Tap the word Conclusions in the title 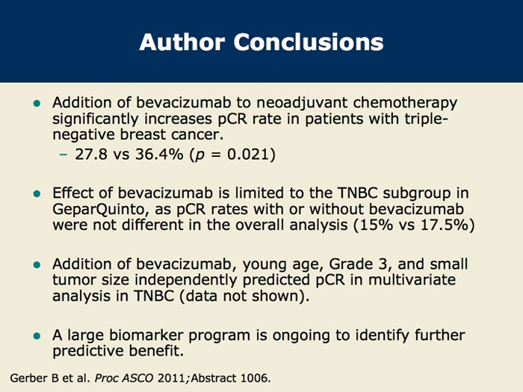click(309, 42)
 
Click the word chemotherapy click(405, 103)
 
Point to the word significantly click(96, 119)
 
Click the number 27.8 click(91, 154)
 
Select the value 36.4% click(159, 154)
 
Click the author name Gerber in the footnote click(29, 379)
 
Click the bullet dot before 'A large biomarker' click(37, 336)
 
